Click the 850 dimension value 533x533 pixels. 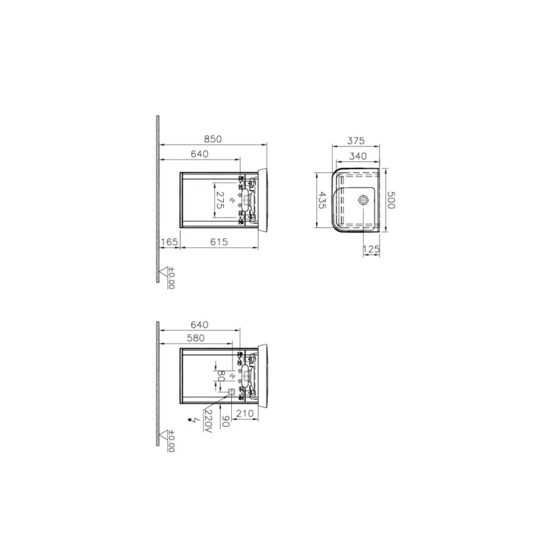pyautogui.click(x=213, y=140)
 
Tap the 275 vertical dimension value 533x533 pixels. pyautogui.click(x=220, y=201)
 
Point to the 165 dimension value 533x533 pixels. pyautogui.click(x=170, y=242)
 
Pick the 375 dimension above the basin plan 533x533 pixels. pyautogui.click(x=355, y=141)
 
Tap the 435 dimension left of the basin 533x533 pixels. pyautogui.click(x=322, y=201)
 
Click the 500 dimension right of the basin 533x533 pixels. pyautogui.click(x=390, y=199)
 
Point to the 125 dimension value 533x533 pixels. pyautogui.click(x=372, y=250)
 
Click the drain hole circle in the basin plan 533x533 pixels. pyautogui.click(x=363, y=201)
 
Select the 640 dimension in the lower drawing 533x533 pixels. pyautogui.click(x=199, y=325)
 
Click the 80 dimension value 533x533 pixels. pyautogui.click(x=221, y=377)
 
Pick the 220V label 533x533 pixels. pyautogui.click(x=208, y=421)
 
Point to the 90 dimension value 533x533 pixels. pyautogui.click(x=226, y=421)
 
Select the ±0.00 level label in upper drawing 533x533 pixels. pyautogui.click(x=171, y=279)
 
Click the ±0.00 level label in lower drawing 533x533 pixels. pyautogui.click(x=171, y=440)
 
